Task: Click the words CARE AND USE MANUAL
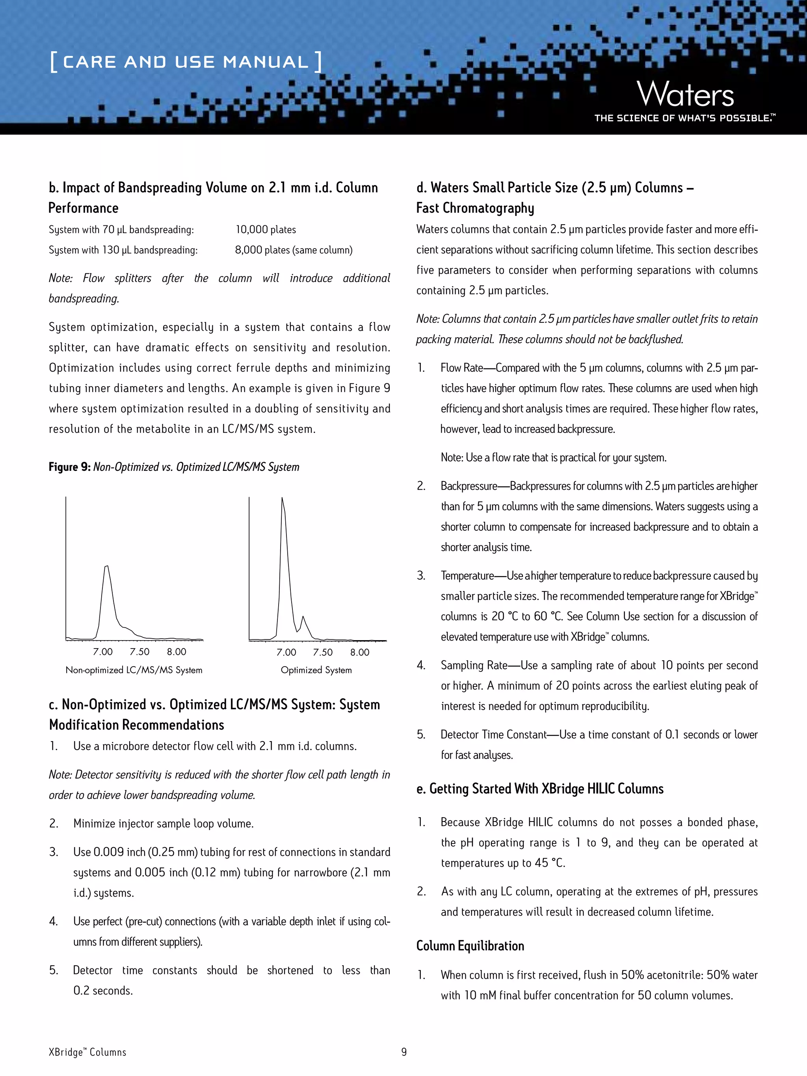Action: tap(185, 62)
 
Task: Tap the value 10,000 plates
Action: tap(266, 230)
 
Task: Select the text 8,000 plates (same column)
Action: tap(293, 250)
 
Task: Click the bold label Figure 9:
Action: tap(70, 467)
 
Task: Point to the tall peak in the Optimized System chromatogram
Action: tap(283, 501)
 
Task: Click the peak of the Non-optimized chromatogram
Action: tap(106, 568)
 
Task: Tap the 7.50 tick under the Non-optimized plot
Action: tap(139, 652)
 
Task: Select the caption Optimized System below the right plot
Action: tap(316, 670)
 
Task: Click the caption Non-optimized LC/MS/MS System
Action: tap(134, 670)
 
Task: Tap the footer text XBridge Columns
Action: tap(87, 1052)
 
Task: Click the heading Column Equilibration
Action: tap(470, 946)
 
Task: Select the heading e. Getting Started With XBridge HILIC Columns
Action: tap(539, 788)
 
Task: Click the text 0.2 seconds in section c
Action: tap(102, 991)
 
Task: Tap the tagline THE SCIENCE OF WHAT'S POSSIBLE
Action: tap(683, 118)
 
